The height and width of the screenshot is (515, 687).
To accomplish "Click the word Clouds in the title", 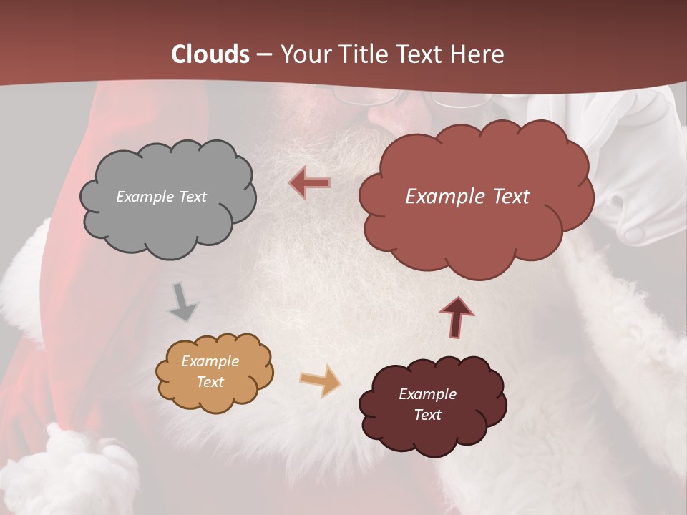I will coord(210,54).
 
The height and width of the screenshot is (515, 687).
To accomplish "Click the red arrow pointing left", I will coord(310,183).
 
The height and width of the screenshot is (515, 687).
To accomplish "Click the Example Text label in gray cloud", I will coord(161,197).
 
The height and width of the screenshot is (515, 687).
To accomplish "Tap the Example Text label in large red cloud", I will coord(467,197).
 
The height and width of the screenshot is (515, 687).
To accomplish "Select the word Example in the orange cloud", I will coord(210,361).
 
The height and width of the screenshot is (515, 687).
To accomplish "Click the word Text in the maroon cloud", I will coord(427,415).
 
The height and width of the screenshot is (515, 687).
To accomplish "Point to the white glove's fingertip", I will coord(633,232).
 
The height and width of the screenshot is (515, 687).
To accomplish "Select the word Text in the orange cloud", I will coord(210,382).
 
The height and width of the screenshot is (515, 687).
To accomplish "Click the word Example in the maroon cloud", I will coord(427,394).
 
